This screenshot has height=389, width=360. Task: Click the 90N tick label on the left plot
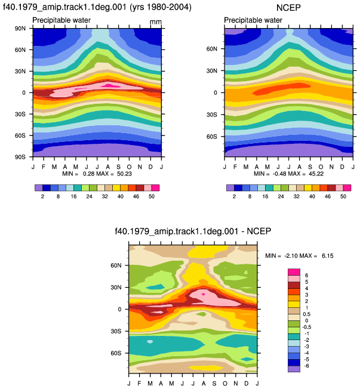[x=20, y=29]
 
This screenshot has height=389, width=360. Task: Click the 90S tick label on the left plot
[x=20, y=157]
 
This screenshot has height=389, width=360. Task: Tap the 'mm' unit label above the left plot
[x=156, y=22]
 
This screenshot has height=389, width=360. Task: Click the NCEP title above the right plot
[x=288, y=7]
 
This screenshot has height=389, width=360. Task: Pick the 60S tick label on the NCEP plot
[x=212, y=137]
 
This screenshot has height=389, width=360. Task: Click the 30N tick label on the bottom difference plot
[x=116, y=288]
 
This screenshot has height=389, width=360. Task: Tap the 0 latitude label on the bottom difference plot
[x=119, y=310]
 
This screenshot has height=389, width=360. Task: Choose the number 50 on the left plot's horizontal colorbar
[x=152, y=196]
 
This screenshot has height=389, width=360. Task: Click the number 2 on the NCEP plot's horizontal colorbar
[x=234, y=196]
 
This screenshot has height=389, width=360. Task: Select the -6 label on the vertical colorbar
[x=307, y=366]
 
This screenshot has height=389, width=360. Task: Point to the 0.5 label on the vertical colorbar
[x=307, y=314]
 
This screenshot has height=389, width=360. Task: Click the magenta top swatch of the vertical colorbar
[x=294, y=272]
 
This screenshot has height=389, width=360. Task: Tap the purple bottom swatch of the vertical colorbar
[x=294, y=369]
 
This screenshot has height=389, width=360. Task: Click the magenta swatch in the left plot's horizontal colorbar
[x=155, y=188]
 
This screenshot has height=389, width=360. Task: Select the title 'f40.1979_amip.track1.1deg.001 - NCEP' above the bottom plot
[x=193, y=231]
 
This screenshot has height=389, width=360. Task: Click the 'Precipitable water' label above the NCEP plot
[x=253, y=20]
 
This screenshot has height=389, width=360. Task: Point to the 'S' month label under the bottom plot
[x=214, y=383]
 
